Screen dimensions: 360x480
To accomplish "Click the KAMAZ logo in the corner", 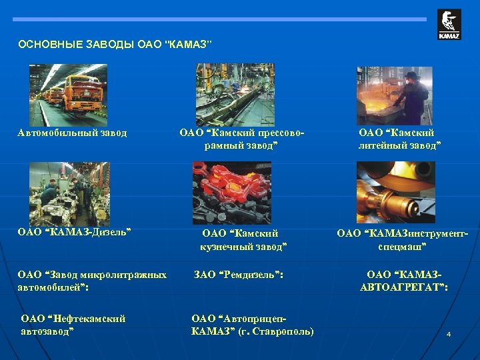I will pos(449,25).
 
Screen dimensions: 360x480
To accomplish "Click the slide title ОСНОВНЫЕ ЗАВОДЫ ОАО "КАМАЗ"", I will pos(115,45).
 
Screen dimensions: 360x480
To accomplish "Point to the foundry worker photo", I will pos(393,94).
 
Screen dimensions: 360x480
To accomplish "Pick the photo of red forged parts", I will pos(232,193).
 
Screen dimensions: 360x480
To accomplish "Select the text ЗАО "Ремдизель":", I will pos(238,274).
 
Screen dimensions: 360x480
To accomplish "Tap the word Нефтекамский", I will pos(90,318).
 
